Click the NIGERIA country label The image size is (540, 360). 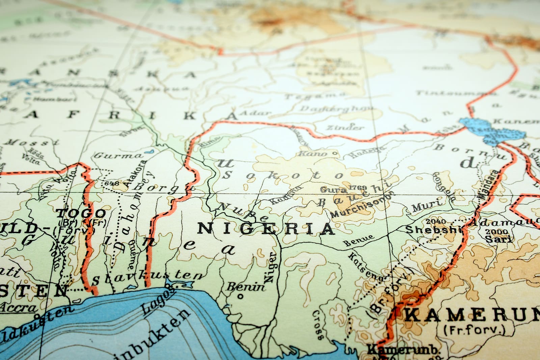[x=266, y=229]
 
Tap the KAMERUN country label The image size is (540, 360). [x=473, y=315]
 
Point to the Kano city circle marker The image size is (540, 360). [x=334, y=154]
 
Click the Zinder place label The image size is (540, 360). [x=345, y=128]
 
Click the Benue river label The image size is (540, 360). [x=358, y=240]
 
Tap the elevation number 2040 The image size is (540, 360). [x=436, y=221]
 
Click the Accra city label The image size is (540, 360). [x=19, y=308]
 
